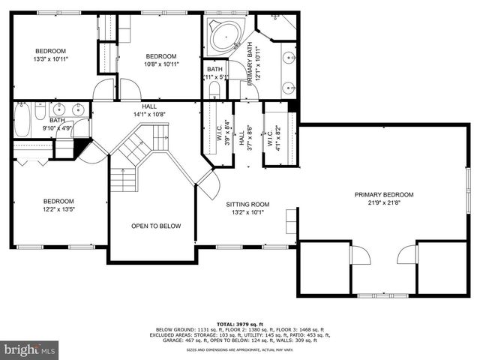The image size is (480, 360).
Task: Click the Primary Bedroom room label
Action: coord(384,194)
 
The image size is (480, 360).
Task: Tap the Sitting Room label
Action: coord(247,204)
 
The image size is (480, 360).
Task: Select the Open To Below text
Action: coord(156,226)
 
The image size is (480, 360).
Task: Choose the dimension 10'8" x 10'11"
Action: coord(160,65)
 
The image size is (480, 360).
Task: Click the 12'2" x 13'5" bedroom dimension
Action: coord(58,210)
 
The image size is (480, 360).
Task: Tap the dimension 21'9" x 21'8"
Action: coord(384,203)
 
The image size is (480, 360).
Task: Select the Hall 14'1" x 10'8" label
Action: coord(144,110)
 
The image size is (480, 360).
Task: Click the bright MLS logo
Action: coord(29,349)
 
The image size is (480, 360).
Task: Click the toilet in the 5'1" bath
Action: coord(214,90)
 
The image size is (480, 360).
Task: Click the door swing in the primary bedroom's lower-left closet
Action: coord(361,257)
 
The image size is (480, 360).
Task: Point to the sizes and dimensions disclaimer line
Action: coord(239,350)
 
